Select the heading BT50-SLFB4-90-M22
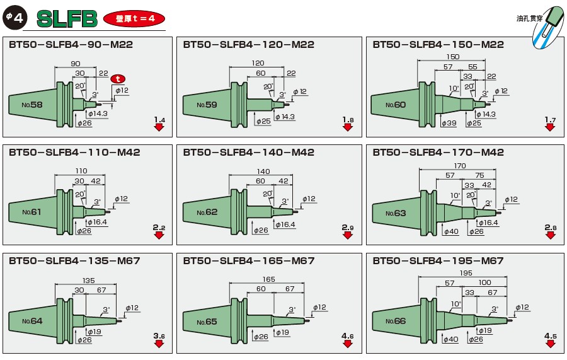pos(71,45)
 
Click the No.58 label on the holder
pos(32,104)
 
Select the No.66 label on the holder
pos(396,321)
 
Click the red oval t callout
pos(118,79)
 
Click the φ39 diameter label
pos(450,123)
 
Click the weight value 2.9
pos(348,227)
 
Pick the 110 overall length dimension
pos(81,171)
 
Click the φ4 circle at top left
pos(14,18)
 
